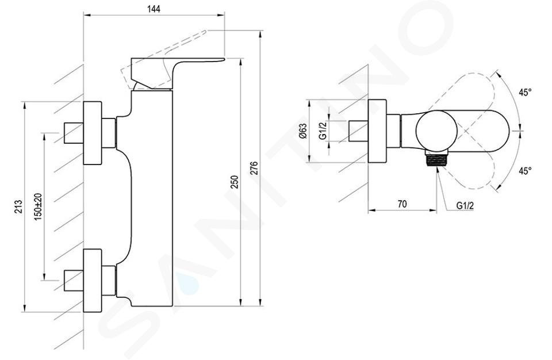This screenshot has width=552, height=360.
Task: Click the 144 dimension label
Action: point(154,9)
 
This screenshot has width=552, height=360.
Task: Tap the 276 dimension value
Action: point(254,168)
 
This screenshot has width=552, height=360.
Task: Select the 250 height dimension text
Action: point(235,182)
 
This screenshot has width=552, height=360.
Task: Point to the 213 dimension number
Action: point(18,206)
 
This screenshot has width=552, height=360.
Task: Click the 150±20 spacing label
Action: point(38,207)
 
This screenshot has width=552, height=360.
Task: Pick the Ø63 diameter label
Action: point(303,131)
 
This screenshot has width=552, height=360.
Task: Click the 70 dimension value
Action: point(402,204)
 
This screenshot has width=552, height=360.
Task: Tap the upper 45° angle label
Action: point(525,92)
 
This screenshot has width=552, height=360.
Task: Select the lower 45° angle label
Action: point(525,171)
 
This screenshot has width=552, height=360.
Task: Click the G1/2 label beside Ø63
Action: point(323,131)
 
